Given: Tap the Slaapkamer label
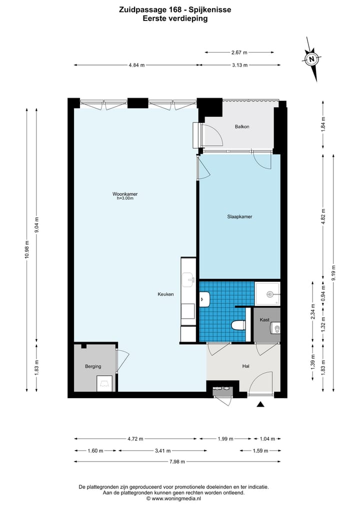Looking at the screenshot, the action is [239, 217].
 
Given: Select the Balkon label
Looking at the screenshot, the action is [242, 127].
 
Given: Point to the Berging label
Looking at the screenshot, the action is [93, 367].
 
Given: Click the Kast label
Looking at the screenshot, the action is [264, 320].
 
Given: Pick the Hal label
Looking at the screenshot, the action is [246, 366].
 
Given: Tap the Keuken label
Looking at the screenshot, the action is [165, 294].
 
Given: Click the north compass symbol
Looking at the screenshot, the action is [311, 59].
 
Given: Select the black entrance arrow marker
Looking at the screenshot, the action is [260, 404].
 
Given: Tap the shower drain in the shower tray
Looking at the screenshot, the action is [269, 294].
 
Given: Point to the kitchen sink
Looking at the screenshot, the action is [188, 280].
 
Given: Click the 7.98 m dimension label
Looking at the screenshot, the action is [177, 462].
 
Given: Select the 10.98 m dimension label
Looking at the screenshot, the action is [27, 249].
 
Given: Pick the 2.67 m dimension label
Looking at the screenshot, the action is [239, 52].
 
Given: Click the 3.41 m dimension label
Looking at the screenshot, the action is [163, 451].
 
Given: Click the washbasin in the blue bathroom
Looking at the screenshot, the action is [205, 299].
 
